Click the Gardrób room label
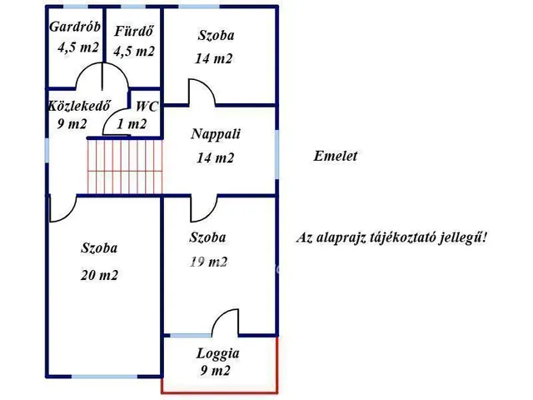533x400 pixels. pyautogui.click(x=74, y=27)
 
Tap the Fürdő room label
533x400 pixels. pyautogui.click(x=133, y=32)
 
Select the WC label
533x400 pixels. pyautogui.click(x=147, y=106)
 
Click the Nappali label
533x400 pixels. pyautogui.click(x=214, y=134)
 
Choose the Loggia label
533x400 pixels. pyautogui.click(x=217, y=352)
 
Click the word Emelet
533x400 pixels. pyautogui.click(x=336, y=156)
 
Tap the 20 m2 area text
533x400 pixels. pyautogui.click(x=99, y=276)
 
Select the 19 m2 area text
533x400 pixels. pyautogui.click(x=209, y=262)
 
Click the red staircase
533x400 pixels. pyautogui.click(x=125, y=166)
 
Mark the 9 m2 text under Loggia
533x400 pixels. pyautogui.click(x=215, y=371)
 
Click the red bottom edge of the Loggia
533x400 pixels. pyautogui.click(x=218, y=391)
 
